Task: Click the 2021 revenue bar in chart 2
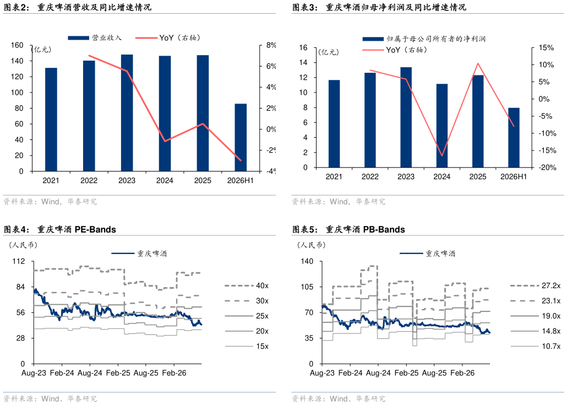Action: pyautogui.click(x=51, y=120)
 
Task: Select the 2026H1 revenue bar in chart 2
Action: pyautogui.click(x=241, y=138)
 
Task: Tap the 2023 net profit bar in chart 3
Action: pyautogui.click(x=406, y=117)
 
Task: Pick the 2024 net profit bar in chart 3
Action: pyautogui.click(x=441, y=126)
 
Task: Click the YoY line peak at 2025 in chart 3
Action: pyautogui.click(x=478, y=64)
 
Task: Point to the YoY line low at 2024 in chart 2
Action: pyautogui.click(x=165, y=141)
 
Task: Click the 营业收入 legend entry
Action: pyautogui.click(x=95, y=37)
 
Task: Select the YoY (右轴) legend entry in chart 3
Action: pyautogui.click(x=395, y=50)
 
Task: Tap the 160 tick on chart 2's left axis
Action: pyautogui.click(x=17, y=45)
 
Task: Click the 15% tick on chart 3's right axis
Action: pyautogui.click(x=546, y=48)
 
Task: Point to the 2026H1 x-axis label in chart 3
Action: pyautogui.click(x=514, y=177)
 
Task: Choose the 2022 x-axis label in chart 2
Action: pyautogui.click(x=89, y=180)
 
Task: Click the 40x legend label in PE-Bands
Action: pyautogui.click(x=262, y=285)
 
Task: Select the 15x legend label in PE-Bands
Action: pyautogui.click(x=262, y=347)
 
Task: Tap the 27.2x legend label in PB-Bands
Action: pyautogui.click(x=551, y=285)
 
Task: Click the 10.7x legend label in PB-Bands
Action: pyautogui.click(x=551, y=347)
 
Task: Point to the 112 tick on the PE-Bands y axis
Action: pyautogui.click(x=19, y=261)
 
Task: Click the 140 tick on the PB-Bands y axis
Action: pyautogui.click(x=307, y=261)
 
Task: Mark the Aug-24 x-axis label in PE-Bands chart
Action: pyautogui.click(x=90, y=373)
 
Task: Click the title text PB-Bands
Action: pyautogui.click(x=384, y=229)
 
